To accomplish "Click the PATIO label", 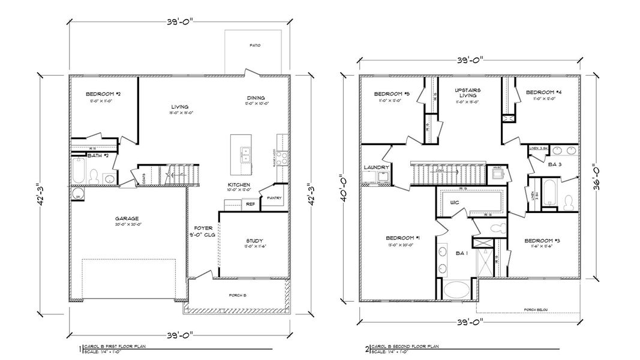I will click(255, 46).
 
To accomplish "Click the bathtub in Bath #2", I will click(79, 171).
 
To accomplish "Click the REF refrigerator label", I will click(251, 204).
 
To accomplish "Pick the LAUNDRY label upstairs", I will click(376, 167).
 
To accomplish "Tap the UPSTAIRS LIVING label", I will click(465, 93).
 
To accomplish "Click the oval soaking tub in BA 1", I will click(459, 290).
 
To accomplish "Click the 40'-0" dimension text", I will click(342, 187).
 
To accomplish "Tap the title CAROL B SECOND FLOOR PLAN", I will click(404, 346).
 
